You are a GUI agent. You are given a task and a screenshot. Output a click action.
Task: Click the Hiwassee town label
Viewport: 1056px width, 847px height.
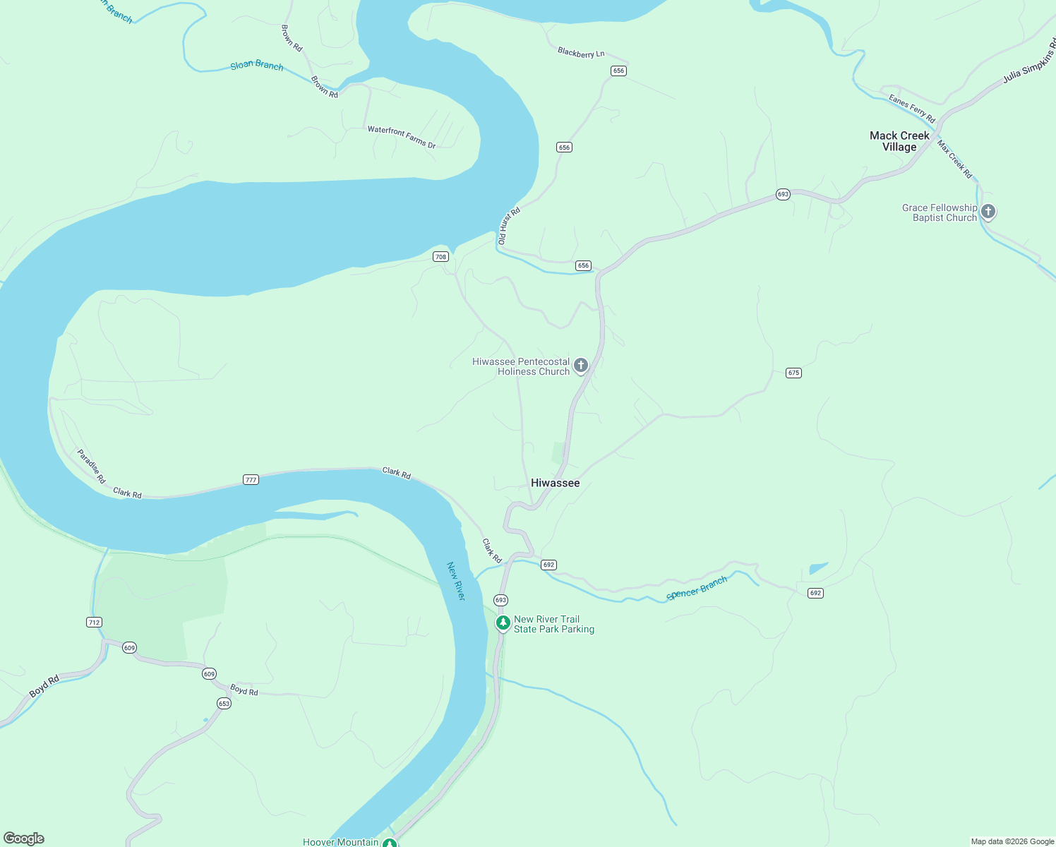tap(555, 483)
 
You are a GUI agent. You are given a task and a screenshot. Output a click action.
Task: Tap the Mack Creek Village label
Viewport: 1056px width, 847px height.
tap(899, 141)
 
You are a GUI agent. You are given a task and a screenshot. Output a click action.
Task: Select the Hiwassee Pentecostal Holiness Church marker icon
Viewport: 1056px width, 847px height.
tap(581, 366)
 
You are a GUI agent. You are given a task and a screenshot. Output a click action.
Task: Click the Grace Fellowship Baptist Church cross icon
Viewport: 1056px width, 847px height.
tap(988, 211)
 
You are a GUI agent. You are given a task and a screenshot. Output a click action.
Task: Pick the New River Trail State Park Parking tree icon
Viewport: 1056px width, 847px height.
tap(503, 623)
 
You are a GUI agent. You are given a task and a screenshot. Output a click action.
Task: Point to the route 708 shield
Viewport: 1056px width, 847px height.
tap(441, 257)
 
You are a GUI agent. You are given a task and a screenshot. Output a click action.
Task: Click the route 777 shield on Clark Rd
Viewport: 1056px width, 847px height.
tap(251, 480)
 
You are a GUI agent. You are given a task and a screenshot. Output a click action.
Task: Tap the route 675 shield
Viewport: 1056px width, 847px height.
tap(793, 373)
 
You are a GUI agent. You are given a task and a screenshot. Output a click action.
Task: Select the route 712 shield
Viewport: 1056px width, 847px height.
tap(94, 623)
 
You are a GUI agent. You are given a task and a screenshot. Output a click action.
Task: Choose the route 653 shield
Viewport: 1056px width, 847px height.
tap(224, 704)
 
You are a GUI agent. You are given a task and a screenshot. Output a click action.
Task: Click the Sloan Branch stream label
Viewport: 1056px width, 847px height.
tap(257, 66)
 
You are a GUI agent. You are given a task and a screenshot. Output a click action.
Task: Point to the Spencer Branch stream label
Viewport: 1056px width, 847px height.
tap(697, 589)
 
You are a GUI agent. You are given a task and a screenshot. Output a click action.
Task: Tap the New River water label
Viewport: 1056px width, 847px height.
tap(456, 582)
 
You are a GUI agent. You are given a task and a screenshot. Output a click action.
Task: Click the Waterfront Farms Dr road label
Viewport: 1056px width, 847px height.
tap(402, 138)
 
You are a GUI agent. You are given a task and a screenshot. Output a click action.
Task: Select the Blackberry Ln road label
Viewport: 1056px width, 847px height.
tap(581, 53)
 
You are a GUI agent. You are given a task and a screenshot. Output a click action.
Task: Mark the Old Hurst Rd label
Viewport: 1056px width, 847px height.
tap(509, 226)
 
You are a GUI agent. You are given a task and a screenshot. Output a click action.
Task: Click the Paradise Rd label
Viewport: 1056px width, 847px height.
tap(92, 467)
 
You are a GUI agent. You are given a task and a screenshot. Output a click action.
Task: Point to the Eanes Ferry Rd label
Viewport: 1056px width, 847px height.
tap(912, 109)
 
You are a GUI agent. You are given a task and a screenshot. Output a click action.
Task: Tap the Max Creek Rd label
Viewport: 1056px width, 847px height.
tap(955, 160)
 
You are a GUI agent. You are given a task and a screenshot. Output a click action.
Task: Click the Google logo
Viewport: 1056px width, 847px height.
tap(24, 839)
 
